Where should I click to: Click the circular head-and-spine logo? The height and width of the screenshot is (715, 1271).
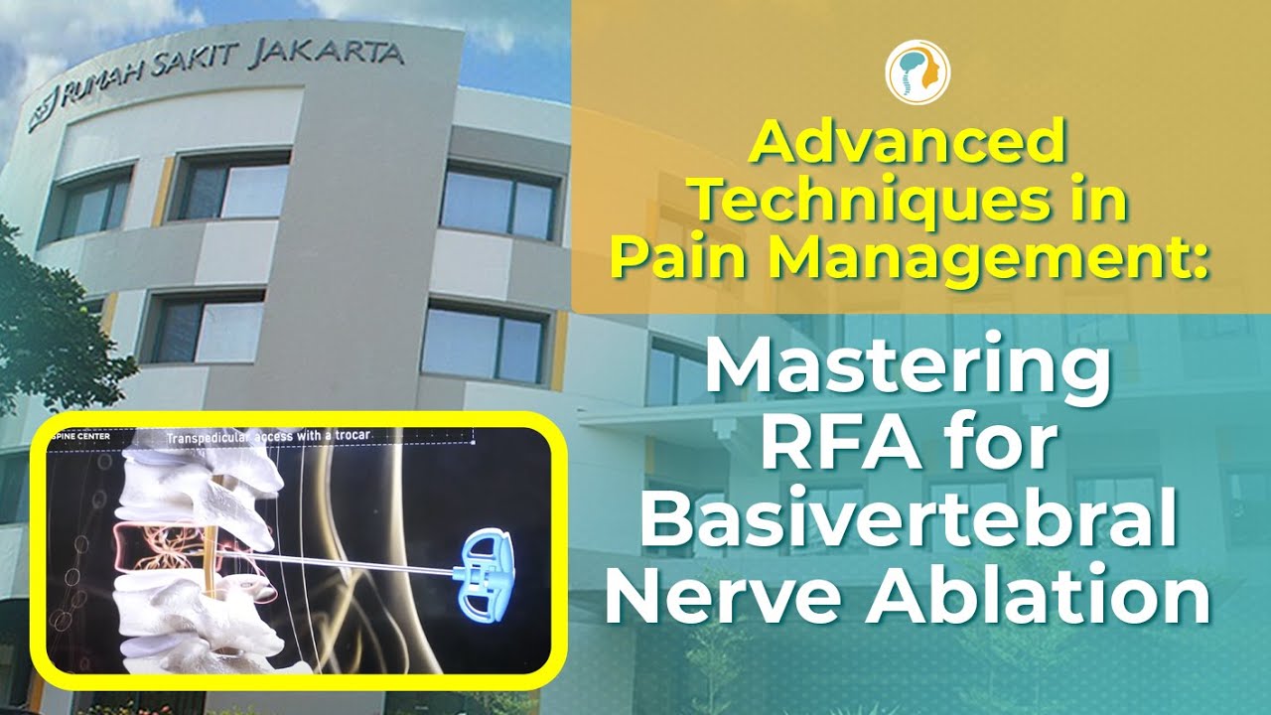(x=917, y=72)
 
